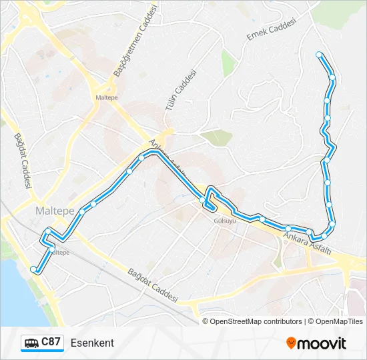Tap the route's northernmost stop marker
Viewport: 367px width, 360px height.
tap(319, 54)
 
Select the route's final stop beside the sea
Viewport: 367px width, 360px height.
tap(33, 269)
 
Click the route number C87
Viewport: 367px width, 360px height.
tap(51, 342)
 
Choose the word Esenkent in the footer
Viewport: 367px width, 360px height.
tap(92, 343)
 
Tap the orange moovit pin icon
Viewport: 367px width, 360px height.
tap(291, 343)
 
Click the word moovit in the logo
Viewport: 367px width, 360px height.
tap(322, 343)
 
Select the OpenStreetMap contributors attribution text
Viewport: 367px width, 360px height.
tap(256, 321)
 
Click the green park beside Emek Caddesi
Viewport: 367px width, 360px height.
tap(229, 62)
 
